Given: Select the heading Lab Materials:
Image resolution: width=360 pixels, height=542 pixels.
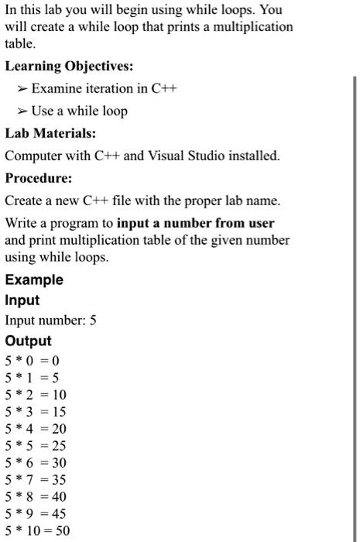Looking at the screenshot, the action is [50, 133].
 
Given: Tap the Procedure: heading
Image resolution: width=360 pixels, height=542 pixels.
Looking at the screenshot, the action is [39, 178].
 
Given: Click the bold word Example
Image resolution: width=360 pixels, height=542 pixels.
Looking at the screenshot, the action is [34, 280].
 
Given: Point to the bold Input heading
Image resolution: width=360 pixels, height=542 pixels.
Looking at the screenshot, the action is [22, 300].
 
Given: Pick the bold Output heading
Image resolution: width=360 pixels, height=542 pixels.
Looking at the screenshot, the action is [28, 341].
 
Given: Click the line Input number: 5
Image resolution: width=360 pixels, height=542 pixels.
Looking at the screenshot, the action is [50, 321].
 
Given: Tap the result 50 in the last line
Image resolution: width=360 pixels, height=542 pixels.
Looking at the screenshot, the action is [63, 531].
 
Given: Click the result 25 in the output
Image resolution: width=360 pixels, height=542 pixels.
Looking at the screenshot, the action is [59, 445].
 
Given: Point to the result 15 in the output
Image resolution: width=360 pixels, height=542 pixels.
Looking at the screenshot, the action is [59, 411].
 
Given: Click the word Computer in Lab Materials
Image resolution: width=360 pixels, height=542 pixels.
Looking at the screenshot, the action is [32, 156].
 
